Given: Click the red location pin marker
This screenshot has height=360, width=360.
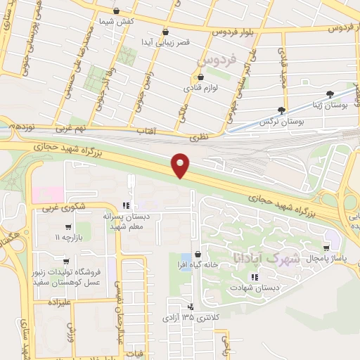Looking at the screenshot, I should pos(181,165).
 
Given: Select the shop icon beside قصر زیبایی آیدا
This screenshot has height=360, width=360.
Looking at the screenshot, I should pos(165,32).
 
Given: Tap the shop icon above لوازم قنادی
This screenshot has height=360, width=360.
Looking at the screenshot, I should pos(200,78).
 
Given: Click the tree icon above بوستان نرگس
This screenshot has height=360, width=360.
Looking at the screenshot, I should pos(281,110).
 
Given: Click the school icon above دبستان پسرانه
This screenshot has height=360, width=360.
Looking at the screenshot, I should pos(125,205).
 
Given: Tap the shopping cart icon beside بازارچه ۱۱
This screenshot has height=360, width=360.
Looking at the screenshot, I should pos(66,226).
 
